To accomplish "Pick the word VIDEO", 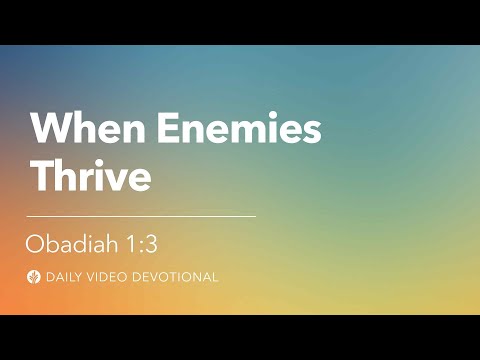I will click(x=108, y=276).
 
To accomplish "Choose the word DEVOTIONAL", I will click(x=175, y=276).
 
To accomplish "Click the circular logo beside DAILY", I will click(x=35, y=276).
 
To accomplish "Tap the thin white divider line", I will click(x=140, y=216).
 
